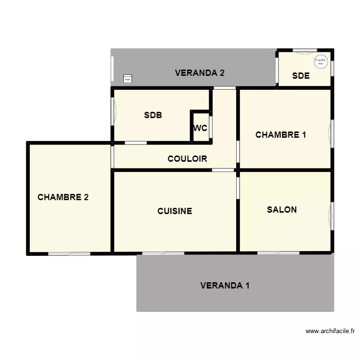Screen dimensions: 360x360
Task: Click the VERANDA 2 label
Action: point(200,73)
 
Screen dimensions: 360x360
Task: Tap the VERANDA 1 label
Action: point(225,286)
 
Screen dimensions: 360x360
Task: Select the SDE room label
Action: point(301,76)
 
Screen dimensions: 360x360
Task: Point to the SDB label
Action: point(153,115)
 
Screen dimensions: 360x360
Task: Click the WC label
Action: point(200,128)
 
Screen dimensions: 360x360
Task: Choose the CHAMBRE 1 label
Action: point(281,135)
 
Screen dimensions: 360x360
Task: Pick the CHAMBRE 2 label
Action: point(63,197)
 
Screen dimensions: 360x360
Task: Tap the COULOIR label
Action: point(187,159)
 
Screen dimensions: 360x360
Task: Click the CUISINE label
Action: point(175,211)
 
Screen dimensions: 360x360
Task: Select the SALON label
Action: point(282,210)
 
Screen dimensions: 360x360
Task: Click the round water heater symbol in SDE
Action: point(320,61)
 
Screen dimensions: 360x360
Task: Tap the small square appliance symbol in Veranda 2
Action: point(127,79)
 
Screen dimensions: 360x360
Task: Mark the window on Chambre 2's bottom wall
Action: point(69,253)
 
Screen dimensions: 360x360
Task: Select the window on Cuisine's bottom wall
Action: point(163,253)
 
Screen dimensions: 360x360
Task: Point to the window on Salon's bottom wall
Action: point(278,253)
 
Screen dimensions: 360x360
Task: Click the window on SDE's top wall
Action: point(305,50)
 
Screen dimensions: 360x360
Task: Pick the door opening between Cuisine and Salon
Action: point(238,187)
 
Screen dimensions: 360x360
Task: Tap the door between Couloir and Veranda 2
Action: point(225,88)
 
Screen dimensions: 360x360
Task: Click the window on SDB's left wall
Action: point(113,111)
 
